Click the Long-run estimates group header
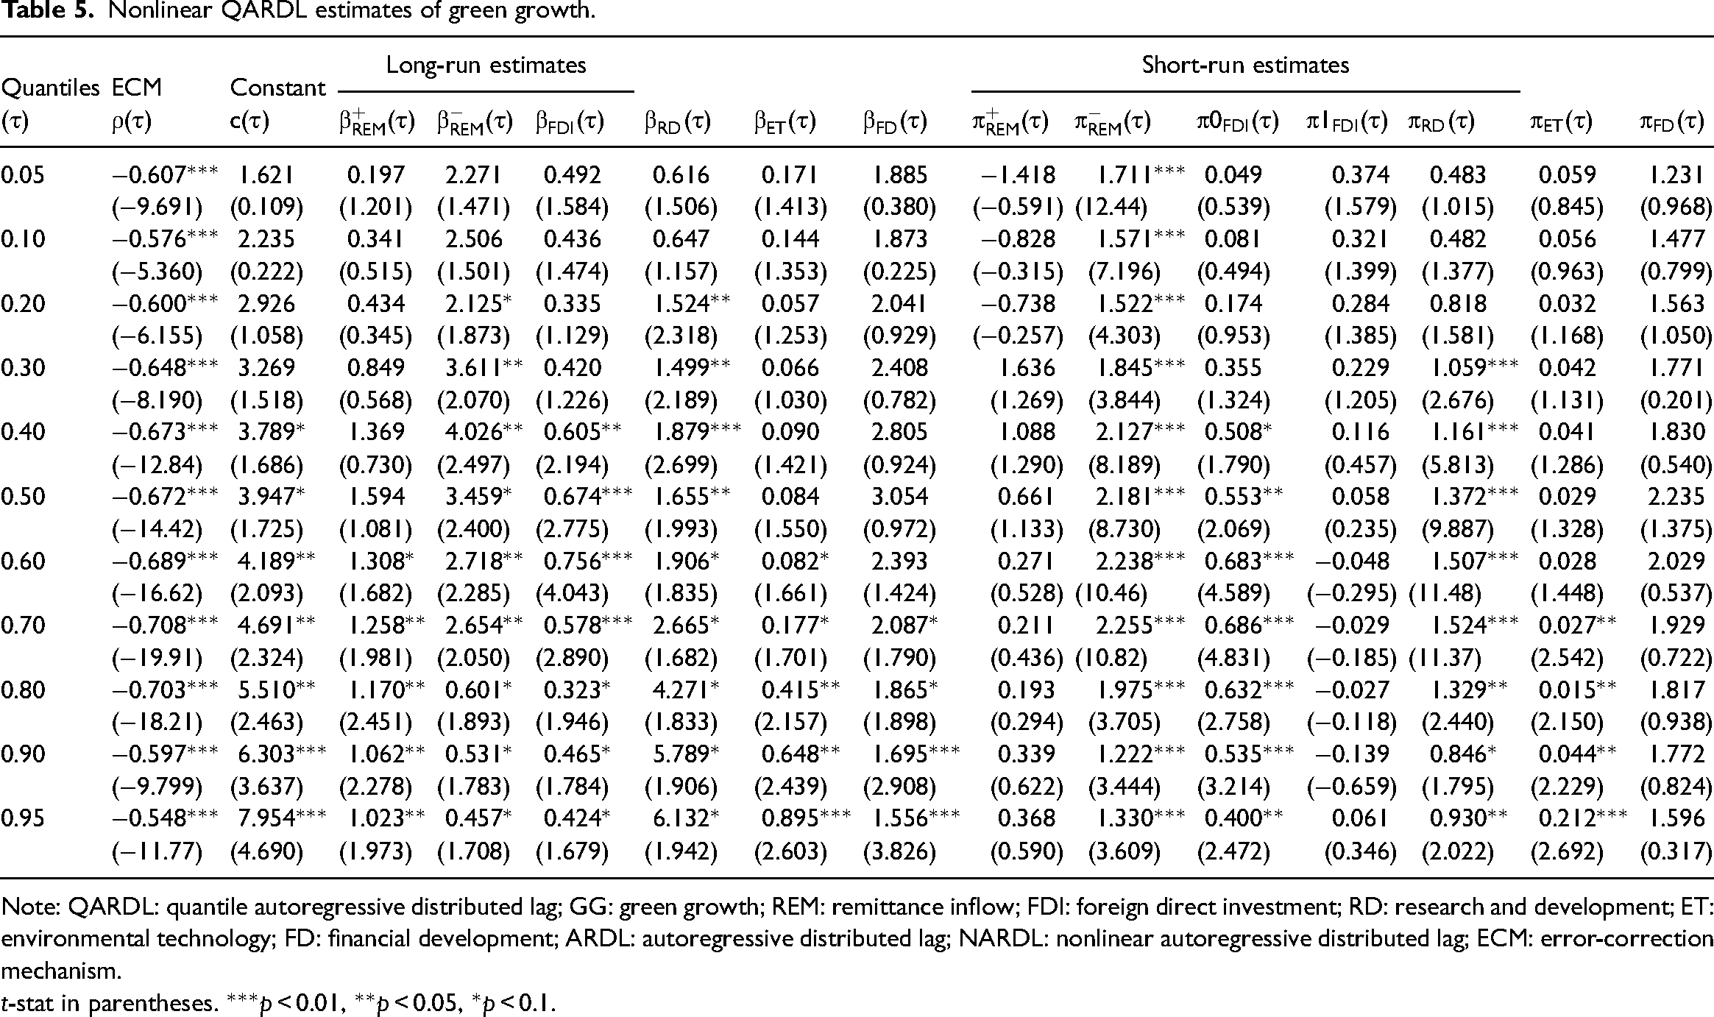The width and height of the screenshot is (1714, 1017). (486, 65)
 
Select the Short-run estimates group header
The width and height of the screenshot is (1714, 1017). (1245, 65)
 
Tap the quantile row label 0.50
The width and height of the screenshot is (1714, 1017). (23, 496)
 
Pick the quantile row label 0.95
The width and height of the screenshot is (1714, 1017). (23, 818)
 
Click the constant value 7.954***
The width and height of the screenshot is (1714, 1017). (278, 818)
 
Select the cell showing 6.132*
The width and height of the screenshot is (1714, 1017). (681, 818)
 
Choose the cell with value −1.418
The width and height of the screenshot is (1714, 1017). (1019, 174)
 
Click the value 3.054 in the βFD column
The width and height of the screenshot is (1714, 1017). (899, 496)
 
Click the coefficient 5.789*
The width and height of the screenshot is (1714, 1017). (681, 754)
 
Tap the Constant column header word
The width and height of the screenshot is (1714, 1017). (277, 88)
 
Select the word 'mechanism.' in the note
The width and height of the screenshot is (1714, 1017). (60, 971)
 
